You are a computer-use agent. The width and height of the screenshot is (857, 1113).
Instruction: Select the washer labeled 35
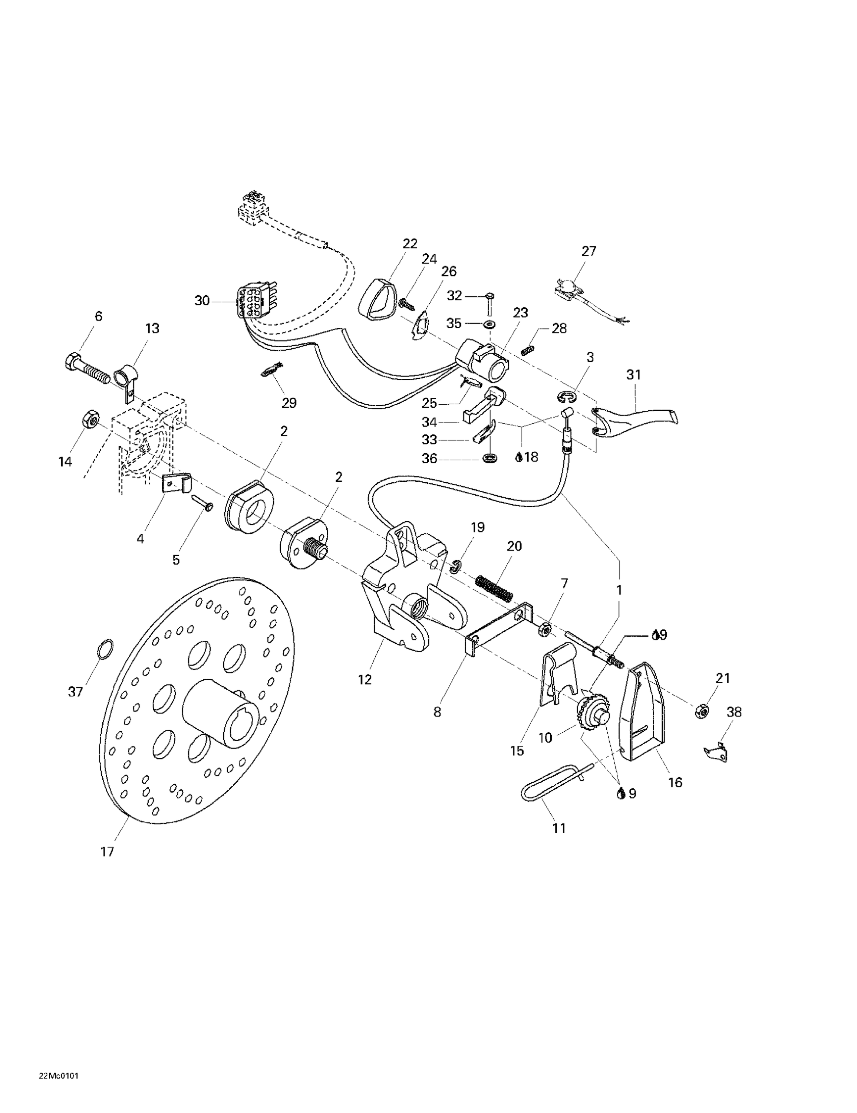[x=490, y=324]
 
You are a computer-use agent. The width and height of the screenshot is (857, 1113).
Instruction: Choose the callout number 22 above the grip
[x=410, y=244]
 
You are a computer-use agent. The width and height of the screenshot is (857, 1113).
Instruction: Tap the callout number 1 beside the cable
[x=619, y=590]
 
